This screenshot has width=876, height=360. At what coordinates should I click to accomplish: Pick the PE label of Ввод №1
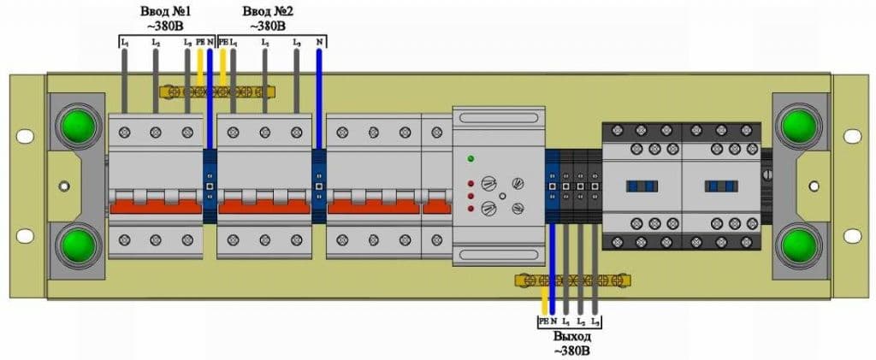(200, 41)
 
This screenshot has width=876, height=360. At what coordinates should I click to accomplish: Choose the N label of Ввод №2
(319, 41)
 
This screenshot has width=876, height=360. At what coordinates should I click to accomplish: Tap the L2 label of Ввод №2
(265, 41)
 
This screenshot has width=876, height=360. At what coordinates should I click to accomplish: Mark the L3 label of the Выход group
(595, 322)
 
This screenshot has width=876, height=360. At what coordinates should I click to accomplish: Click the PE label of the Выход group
(543, 322)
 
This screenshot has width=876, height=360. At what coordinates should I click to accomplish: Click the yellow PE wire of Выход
(545, 299)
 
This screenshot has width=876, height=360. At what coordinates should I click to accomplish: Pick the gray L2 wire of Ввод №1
(155, 81)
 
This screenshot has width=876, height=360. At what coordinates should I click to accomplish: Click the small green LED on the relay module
(471, 158)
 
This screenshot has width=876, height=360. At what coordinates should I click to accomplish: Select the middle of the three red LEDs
(471, 196)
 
